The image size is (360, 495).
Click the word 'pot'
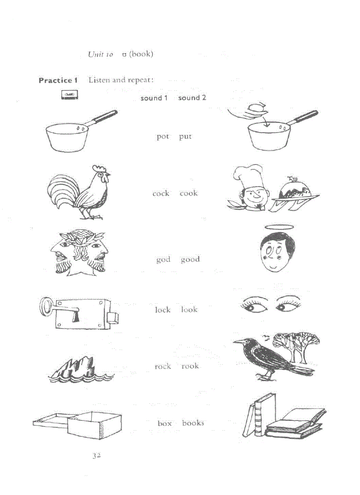[x=163, y=137]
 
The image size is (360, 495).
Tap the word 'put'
[x=185, y=137]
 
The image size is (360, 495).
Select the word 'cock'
[x=161, y=194]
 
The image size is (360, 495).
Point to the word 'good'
[x=190, y=260]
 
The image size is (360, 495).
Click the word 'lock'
[x=162, y=310]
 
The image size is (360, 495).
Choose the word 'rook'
[x=190, y=366]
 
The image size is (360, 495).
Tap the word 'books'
[x=193, y=423]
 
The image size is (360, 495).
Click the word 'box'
[x=165, y=423]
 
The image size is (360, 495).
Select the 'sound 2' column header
[x=192, y=98]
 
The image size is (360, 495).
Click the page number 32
[x=97, y=455]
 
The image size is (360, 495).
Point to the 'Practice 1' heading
[x=58, y=80]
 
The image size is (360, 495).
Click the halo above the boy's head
[x=277, y=228]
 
